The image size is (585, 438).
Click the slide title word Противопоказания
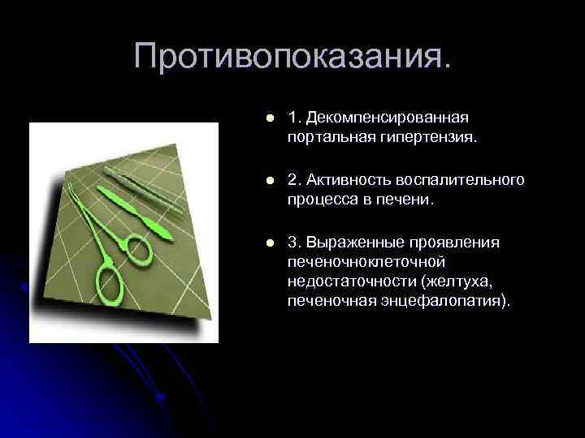point(292,57)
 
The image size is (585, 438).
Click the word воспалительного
point(458,179)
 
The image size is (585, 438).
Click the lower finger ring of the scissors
point(109,283)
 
